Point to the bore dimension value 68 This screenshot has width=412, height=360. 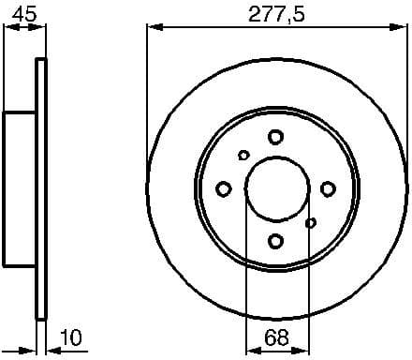point(275,336)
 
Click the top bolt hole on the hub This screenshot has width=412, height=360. point(275,137)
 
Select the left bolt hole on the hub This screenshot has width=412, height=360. point(223,189)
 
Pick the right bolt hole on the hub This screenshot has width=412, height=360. point(328,189)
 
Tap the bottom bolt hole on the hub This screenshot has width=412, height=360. point(275,242)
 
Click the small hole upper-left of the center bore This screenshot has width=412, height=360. point(243,156)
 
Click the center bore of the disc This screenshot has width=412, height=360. point(275,189)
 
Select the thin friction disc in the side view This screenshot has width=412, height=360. point(40,189)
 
